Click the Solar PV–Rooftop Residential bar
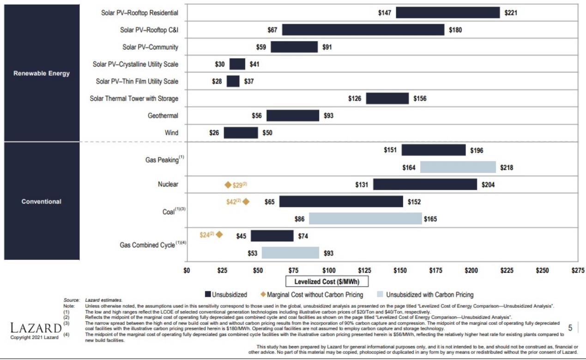pos(447,13)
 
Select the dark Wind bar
pos(241,133)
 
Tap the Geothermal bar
pos(292,115)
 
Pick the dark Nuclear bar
pos(425,185)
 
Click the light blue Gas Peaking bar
pos(458,167)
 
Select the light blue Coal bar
pos(365,219)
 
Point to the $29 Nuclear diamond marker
pos(228,185)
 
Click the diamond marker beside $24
pos(219,235)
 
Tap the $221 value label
pos(511,13)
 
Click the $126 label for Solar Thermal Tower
pos(355,99)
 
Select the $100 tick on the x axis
pos(329,270)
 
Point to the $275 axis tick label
pos(578,270)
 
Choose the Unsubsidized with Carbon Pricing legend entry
pos(425,294)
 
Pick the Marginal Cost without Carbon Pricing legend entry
pos(312,294)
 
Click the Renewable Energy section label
pos(42,73)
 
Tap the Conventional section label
pos(42,202)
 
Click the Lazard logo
pos(36,329)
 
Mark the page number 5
pos(570,328)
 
